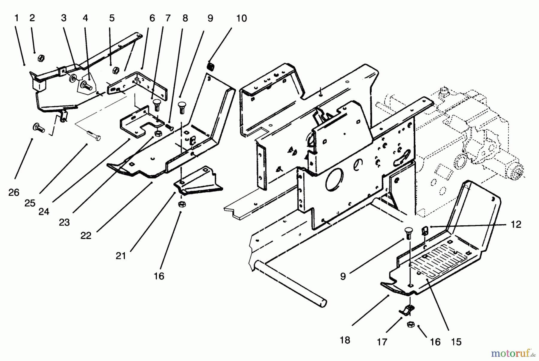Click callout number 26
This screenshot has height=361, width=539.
pos(14,192)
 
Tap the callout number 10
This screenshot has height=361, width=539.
pos(241,18)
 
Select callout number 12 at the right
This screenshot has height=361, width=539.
pos(516,224)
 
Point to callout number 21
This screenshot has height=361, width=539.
pos(121,256)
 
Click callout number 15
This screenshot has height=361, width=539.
pos(456,342)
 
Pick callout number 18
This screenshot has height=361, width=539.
pos(345,340)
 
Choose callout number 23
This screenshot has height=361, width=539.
pos(64,222)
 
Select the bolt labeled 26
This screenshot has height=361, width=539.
pos(38,128)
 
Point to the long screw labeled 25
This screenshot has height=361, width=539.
pos(94,137)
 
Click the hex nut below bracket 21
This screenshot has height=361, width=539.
pos(181,204)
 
